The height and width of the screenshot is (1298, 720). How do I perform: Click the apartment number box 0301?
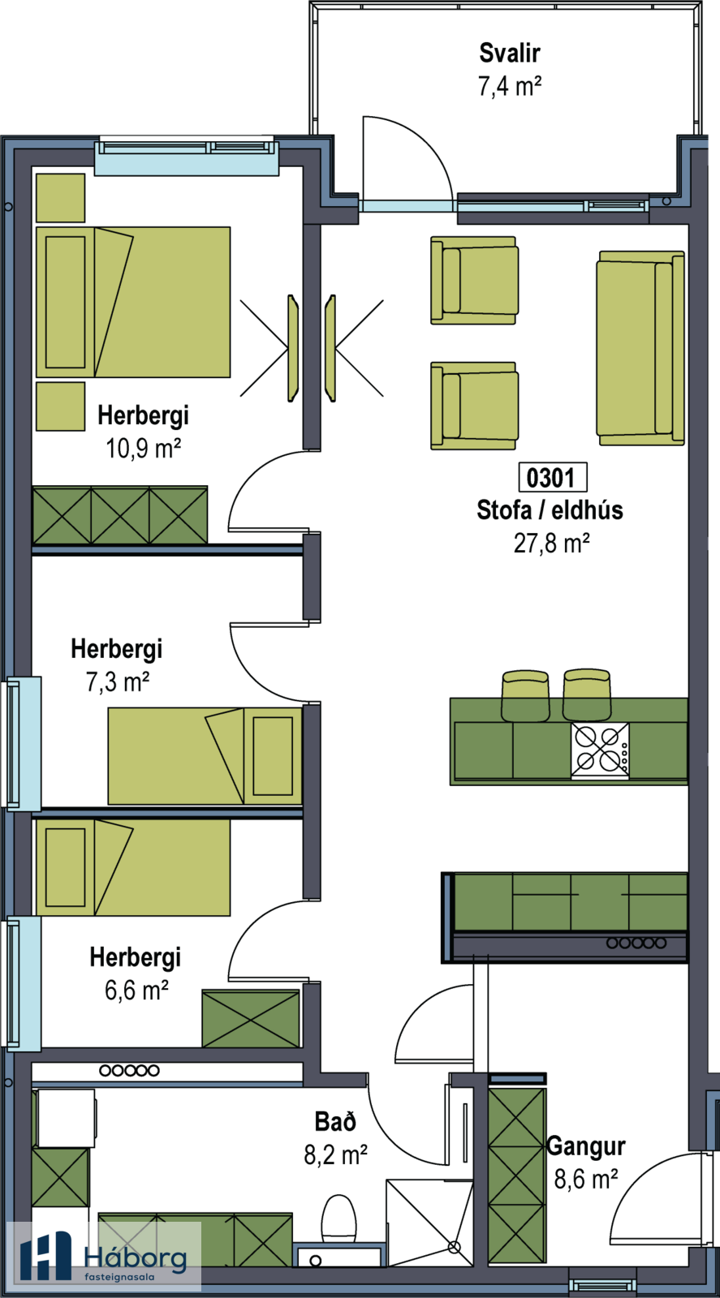[551, 477]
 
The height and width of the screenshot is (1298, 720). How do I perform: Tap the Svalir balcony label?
[510, 53]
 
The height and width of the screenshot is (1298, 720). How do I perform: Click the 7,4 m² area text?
[510, 85]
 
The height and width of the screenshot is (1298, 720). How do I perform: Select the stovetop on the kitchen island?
[600, 750]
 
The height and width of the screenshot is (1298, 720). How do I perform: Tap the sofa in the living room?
[640, 348]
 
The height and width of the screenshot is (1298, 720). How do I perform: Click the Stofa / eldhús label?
[550, 510]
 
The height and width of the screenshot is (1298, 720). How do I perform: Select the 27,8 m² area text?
[551, 543]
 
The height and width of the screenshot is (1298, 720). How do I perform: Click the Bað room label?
[335, 1122]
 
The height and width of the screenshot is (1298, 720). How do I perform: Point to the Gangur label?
[586, 1146]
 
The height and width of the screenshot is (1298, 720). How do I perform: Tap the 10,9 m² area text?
[143, 448]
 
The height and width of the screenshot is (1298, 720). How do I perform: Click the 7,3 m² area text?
[117, 681]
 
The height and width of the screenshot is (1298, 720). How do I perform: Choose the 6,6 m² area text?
[136, 990]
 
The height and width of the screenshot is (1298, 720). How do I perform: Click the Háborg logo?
[104, 1256]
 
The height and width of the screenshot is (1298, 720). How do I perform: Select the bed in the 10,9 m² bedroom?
[133, 302]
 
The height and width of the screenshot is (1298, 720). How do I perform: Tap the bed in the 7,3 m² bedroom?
[205, 756]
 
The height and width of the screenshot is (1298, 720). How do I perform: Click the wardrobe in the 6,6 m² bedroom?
[251, 1018]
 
